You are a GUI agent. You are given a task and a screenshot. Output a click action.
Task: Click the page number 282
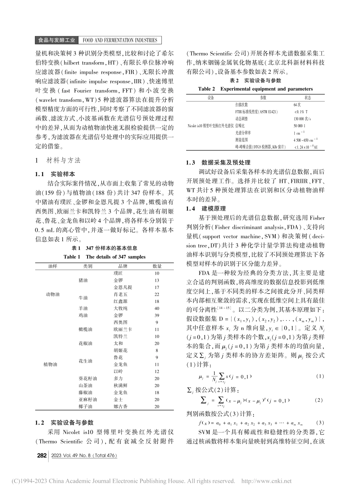41,456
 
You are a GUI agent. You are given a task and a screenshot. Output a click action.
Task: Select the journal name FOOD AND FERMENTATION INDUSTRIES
120,41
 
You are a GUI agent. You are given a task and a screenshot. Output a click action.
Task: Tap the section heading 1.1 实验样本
55,175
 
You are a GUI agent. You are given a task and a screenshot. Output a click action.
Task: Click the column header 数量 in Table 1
157,266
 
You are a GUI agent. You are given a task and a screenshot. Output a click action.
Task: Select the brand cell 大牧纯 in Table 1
120,308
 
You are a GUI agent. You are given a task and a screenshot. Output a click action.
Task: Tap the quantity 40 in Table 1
157,308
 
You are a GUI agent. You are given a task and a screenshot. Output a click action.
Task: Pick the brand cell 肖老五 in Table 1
120,294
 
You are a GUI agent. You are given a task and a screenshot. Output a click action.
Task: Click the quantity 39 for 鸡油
157,315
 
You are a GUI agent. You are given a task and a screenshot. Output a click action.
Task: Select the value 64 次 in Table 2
297,105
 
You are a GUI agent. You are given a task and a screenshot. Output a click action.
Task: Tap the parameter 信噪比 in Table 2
241,126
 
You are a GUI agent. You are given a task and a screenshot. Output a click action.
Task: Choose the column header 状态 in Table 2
308,97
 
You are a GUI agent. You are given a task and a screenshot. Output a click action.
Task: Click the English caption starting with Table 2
255,89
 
